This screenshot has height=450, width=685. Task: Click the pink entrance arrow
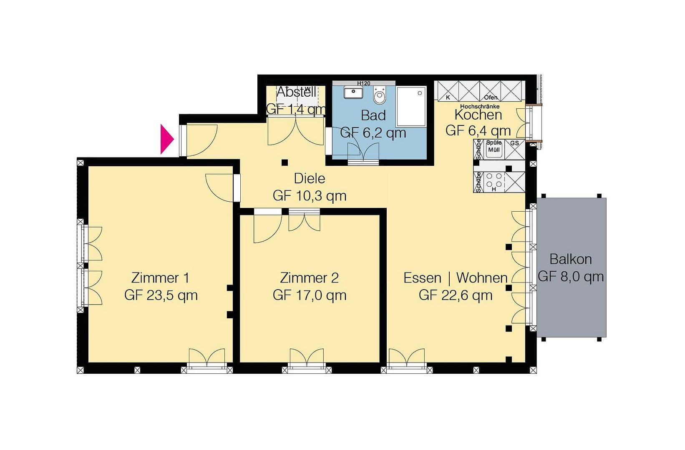[x=166, y=140]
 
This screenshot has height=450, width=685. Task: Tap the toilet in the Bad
[x=380, y=97]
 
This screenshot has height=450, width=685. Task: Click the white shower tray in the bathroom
[x=411, y=106]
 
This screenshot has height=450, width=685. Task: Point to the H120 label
[x=363, y=83]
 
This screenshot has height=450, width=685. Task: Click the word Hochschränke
[x=479, y=107]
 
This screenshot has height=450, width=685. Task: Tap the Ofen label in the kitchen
[x=491, y=97]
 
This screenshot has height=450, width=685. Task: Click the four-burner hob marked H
[x=494, y=181]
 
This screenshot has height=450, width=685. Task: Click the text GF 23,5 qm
[x=161, y=295]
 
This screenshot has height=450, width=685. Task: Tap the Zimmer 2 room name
[x=309, y=277]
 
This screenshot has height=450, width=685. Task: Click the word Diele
[x=309, y=179]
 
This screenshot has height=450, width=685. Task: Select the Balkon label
[x=570, y=259]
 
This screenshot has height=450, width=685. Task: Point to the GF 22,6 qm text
[x=456, y=295]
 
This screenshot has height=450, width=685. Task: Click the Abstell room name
[x=296, y=92]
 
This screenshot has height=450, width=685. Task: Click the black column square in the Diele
[x=285, y=162]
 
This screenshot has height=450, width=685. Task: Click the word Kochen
[x=478, y=114]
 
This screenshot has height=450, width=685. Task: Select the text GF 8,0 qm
[x=570, y=277]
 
